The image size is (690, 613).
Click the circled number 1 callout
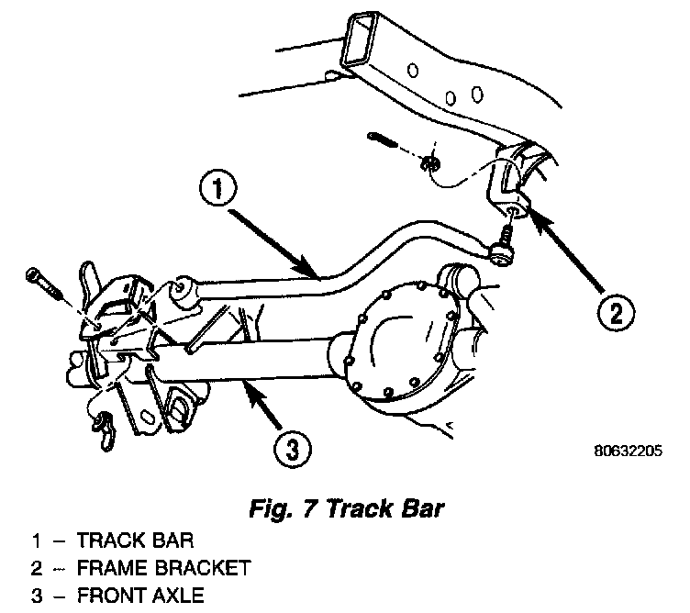tap(218, 189)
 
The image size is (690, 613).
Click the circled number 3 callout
tap(292, 449)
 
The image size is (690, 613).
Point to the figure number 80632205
tap(628, 451)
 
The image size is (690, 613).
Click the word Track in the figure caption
tap(360, 508)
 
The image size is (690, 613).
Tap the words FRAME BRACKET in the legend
tap(163, 568)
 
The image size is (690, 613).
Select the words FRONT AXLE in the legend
tap(140, 596)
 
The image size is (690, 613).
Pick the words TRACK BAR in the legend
tap(135, 540)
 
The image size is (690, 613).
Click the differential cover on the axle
tap(396, 341)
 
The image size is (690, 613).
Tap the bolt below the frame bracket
tap(504, 247)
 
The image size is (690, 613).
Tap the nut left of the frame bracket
tap(429, 163)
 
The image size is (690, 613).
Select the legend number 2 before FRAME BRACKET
tap(37, 568)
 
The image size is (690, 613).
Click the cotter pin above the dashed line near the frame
tap(382, 139)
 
